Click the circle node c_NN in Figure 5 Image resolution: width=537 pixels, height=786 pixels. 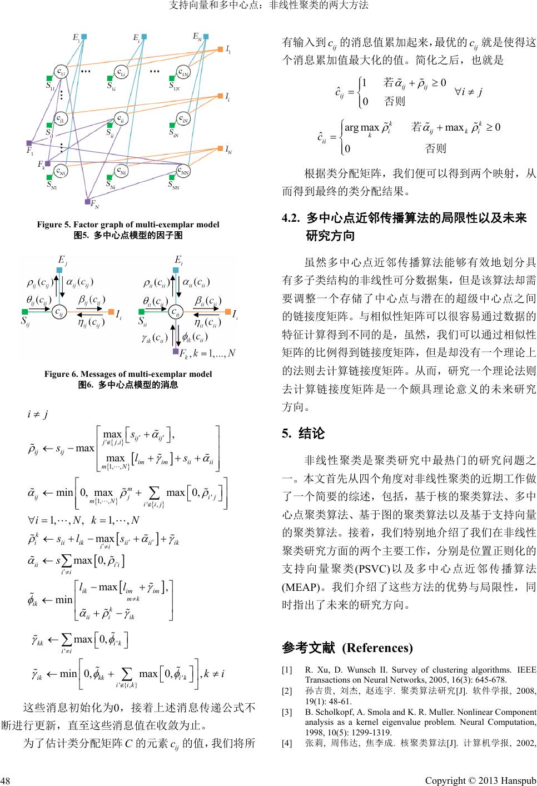[186, 170]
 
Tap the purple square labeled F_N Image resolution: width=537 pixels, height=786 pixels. [87, 201]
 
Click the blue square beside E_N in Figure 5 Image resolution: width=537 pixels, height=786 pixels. [206, 37]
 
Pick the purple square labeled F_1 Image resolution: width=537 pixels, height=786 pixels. [29, 143]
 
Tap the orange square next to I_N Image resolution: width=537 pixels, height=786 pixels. [220, 148]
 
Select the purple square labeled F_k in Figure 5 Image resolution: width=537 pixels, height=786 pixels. [48, 163]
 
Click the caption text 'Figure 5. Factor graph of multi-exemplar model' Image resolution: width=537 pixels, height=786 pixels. [128, 225]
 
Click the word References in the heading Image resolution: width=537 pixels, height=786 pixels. [377, 648]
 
